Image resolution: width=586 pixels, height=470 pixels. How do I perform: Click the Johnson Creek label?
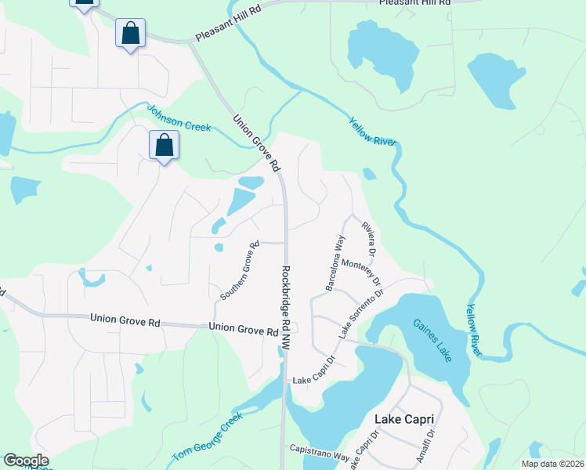[179, 118]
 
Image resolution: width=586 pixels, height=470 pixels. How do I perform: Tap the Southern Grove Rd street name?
[240, 271]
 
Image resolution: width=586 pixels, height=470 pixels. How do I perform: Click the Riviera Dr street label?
[368, 239]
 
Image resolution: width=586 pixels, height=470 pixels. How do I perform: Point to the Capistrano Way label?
[319, 454]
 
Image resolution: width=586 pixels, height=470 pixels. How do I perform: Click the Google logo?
[26, 461]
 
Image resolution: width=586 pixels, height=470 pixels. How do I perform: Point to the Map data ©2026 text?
[552, 464]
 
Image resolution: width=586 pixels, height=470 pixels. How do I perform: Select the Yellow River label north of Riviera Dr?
[373, 131]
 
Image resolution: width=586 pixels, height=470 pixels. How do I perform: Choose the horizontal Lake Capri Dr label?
[313, 381]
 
